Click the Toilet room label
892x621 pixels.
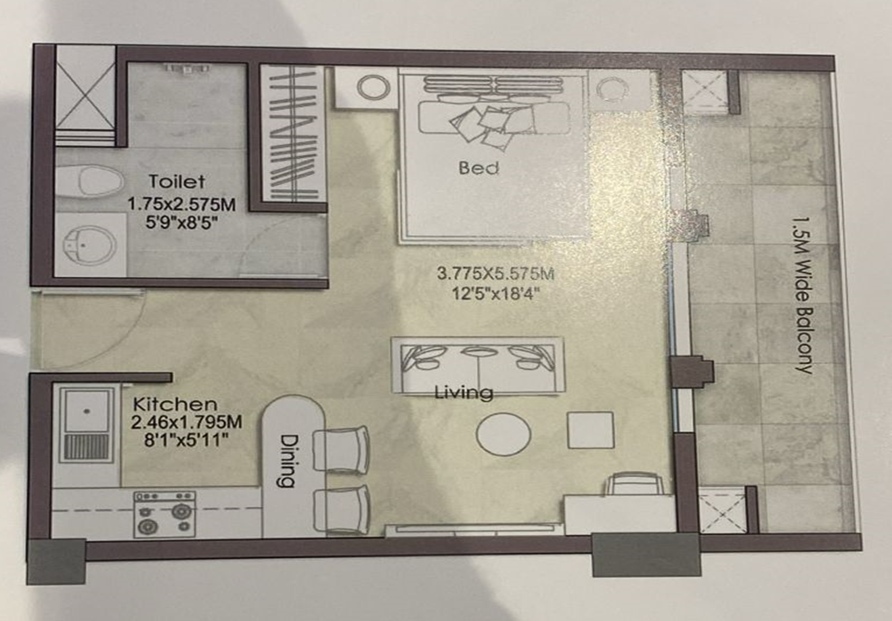pyautogui.click(x=177, y=181)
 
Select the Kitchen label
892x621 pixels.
pyautogui.click(x=175, y=404)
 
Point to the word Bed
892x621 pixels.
pyautogui.click(x=478, y=167)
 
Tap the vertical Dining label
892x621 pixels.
pyautogui.click(x=286, y=460)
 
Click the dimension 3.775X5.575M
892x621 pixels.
pyautogui.click(x=495, y=274)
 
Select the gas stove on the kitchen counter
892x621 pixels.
pyautogui.click(x=164, y=514)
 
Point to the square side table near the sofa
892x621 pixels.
pyautogui.click(x=590, y=430)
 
